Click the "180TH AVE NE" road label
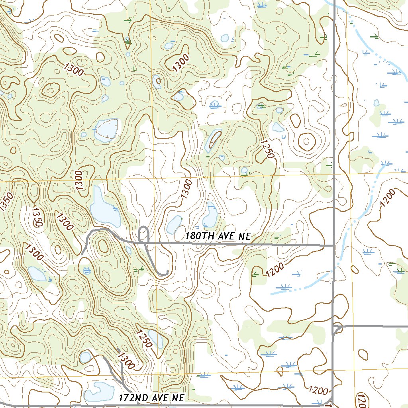click(x=218, y=236)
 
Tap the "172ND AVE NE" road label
click(x=151, y=398)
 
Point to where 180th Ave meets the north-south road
click(x=333, y=246)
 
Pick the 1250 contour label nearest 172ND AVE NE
click(x=144, y=338)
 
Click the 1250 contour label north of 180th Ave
click(x=268, y=149)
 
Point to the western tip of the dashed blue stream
click(x=272, y=294)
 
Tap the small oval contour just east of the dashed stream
click(x=363, y=354)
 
